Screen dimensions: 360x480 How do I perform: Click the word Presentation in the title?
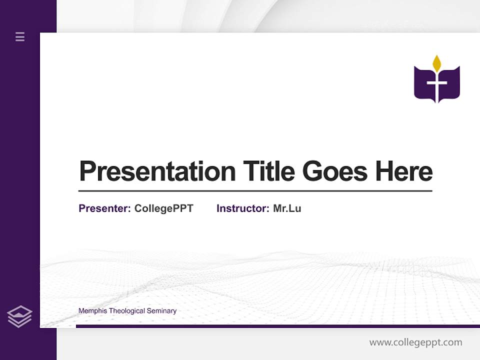(157, 171)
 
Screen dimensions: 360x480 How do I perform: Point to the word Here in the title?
(404, 171)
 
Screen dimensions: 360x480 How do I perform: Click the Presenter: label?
(104, 208)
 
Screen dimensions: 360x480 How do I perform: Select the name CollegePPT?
(163, 208)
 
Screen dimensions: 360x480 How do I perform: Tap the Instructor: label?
(242, 208)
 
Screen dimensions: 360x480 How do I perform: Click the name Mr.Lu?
(287, 208)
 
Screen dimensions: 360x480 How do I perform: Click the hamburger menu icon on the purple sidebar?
(20, 36)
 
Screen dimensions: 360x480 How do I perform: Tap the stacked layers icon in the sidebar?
(19, 316)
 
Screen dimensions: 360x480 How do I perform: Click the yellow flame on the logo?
(437, 63)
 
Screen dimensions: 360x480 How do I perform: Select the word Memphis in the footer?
(92, 311)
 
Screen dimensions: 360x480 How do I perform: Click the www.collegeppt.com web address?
(415, 342)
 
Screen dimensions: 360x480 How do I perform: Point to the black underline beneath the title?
(255, 190)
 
